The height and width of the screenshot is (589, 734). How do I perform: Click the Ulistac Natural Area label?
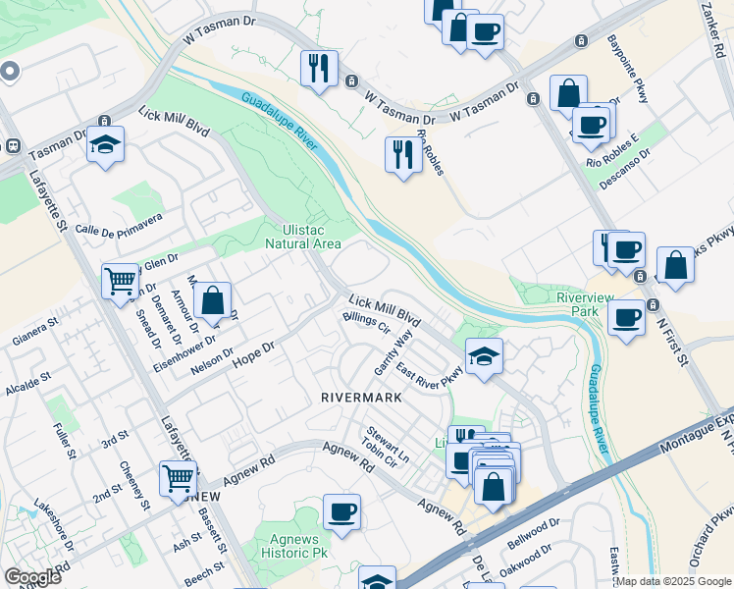coord(303,236)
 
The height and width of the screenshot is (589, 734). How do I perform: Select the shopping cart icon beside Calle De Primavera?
coord(120,281)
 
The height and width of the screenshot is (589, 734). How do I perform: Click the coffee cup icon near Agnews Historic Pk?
coord(341,511)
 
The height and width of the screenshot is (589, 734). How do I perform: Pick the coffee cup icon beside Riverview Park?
coord(627,318)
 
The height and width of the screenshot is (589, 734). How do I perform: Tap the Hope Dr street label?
coord(252,355)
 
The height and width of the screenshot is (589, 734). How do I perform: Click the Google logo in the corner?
coord(32,577)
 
